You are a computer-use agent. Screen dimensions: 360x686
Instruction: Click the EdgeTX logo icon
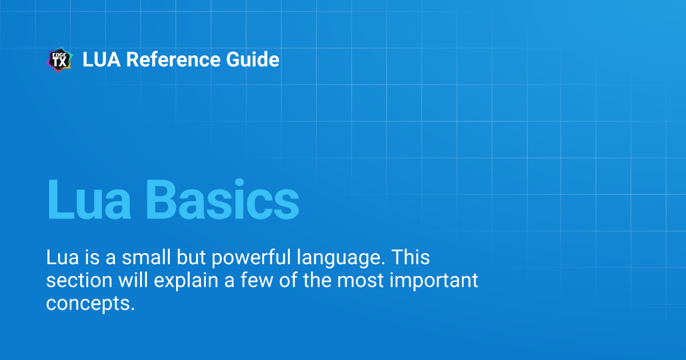click(x=59, y=60)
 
